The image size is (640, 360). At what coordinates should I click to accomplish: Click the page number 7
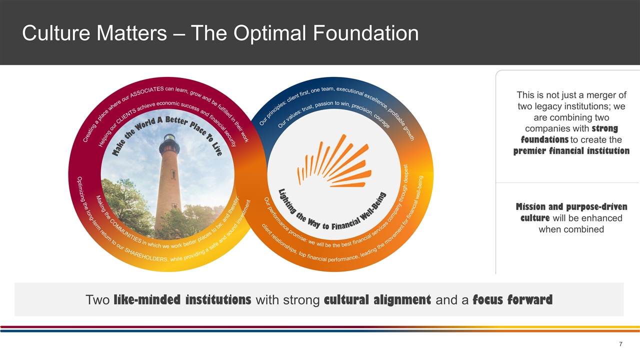620,344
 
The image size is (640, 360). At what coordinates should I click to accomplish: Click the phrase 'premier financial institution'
571,151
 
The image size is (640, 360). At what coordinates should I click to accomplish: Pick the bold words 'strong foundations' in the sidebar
571,134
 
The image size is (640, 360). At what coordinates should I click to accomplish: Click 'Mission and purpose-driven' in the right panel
571,207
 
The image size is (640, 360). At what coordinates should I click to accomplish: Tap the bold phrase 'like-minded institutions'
182,300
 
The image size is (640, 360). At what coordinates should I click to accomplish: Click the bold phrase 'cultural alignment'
377,300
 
